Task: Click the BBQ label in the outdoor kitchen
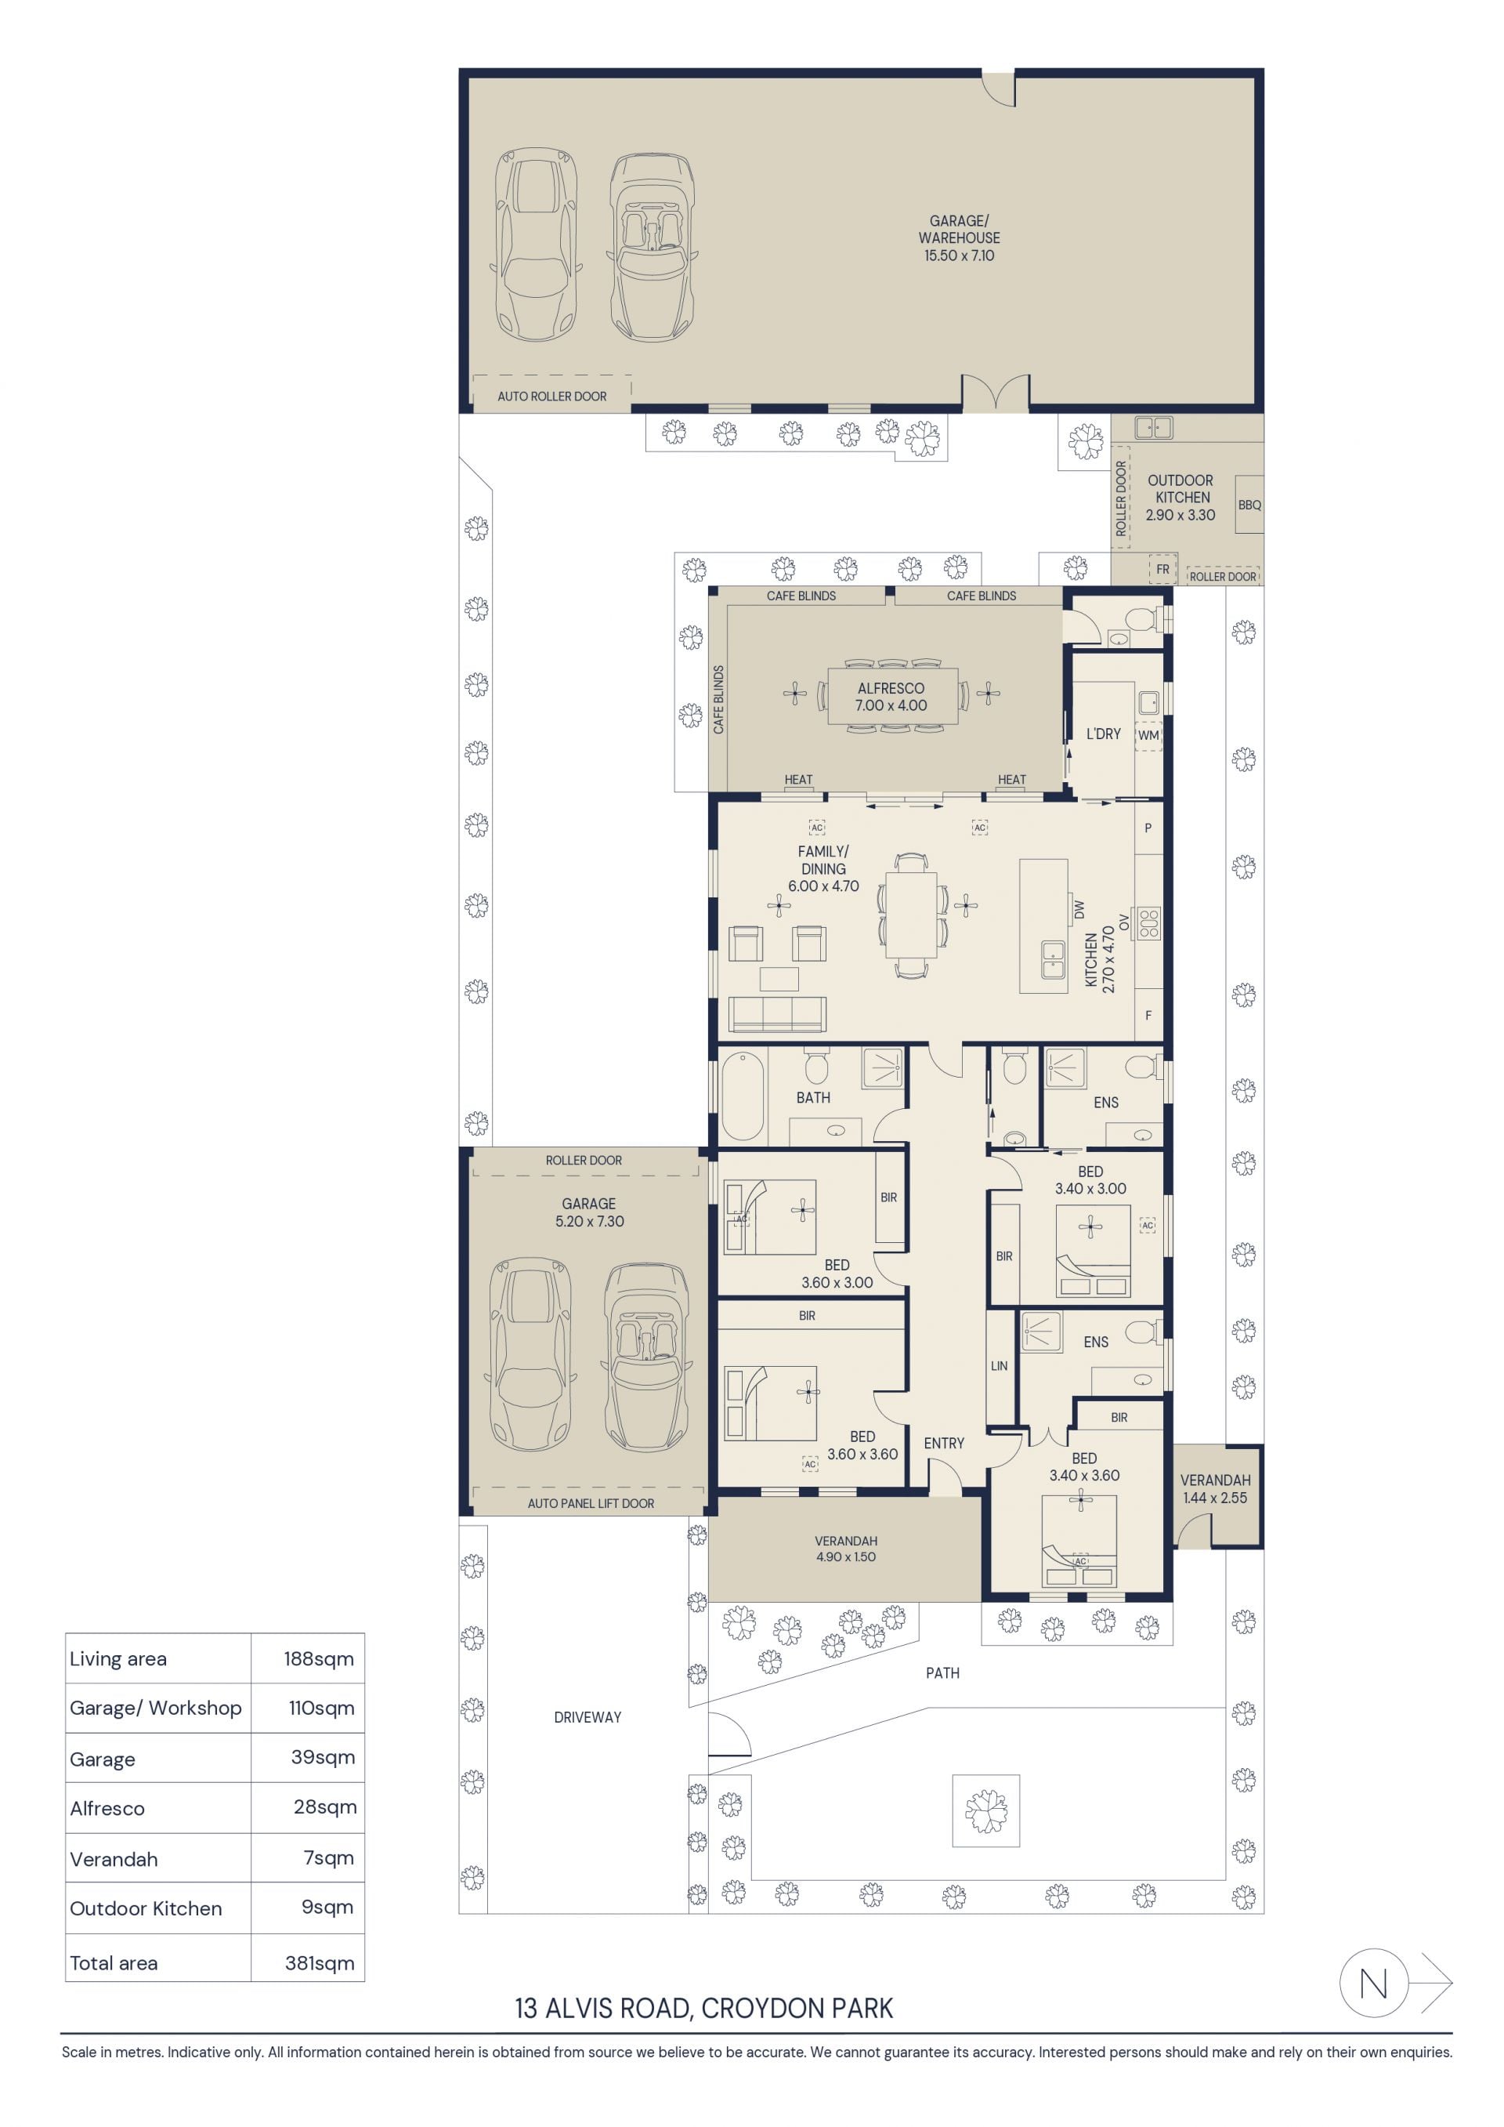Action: (1249, 505)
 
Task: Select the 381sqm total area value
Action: (320, 1962)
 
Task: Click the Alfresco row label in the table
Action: (107, 1807)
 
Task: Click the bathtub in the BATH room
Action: (743, 1095)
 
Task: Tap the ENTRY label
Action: (944, 1444)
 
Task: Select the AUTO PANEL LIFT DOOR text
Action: (591, 1503)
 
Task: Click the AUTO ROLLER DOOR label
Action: (552, 397)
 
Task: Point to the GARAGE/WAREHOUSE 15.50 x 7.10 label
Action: (960, 238)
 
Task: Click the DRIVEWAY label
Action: (587, 1718)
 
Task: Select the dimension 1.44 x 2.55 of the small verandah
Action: (1215, 1498)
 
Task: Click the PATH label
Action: (943, 1673)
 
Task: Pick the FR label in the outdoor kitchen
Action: (1162, 570)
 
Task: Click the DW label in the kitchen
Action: (1079, 910)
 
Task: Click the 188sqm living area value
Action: (319, 1659)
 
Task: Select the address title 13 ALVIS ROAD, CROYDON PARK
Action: (704, 2009)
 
